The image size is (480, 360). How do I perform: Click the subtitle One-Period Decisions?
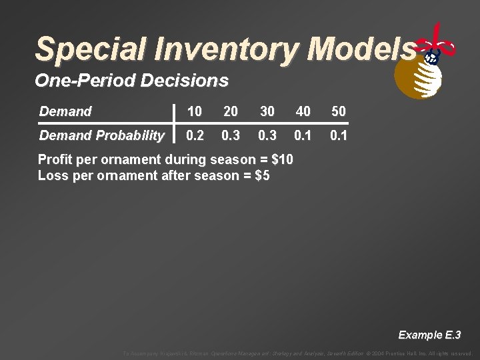131,81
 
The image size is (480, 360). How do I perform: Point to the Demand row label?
65,111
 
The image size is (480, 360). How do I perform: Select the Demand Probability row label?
101,135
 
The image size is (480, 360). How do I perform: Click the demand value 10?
195,111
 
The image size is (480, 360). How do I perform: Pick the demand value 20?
231,111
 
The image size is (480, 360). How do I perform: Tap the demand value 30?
267,111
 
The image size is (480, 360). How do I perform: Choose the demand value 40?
303,111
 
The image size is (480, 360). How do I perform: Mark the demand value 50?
339,111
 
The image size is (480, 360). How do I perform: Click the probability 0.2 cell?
195,135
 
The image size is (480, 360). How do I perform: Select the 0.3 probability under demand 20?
231,135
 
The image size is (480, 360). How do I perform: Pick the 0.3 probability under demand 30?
267,135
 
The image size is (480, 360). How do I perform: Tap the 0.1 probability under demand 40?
303,135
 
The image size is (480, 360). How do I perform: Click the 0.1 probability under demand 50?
339,135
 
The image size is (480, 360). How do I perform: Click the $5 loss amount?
261,176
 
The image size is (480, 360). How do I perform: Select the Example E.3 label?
429,335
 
